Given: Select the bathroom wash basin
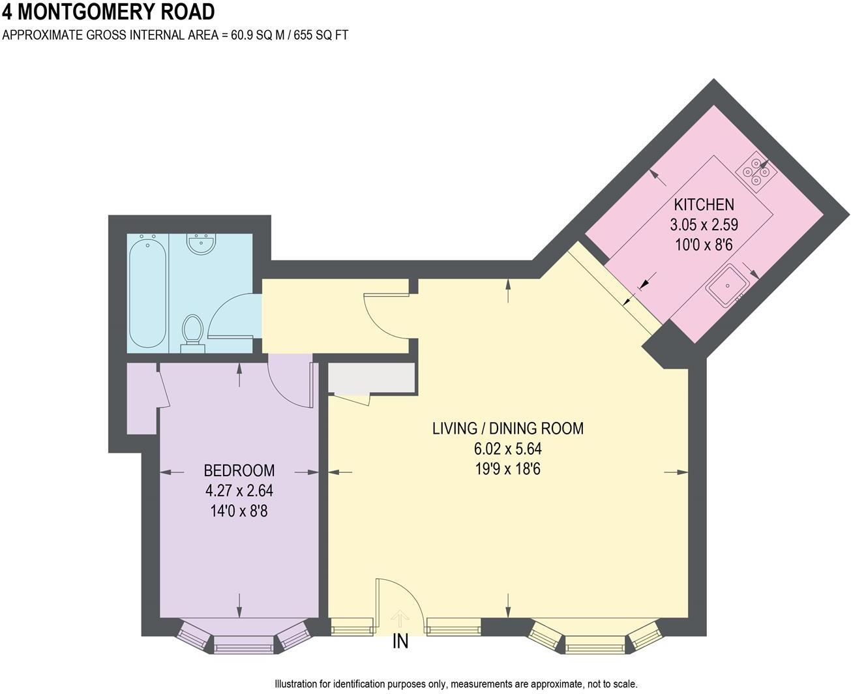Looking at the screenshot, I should click(201, 245).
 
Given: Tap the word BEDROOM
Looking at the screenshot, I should click(239, 470).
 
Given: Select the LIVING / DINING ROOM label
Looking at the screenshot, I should click(507, 429).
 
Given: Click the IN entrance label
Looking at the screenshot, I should click(400, 642).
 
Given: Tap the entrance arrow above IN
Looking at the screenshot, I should click(400, 619).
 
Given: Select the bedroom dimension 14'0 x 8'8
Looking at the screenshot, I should click(239, 510).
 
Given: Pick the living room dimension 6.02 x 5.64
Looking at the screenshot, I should click(507, 449).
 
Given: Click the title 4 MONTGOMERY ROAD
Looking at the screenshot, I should click(108, 12).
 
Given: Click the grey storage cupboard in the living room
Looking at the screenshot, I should click(371, 378).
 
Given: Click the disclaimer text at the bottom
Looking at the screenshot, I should click(456, 684).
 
